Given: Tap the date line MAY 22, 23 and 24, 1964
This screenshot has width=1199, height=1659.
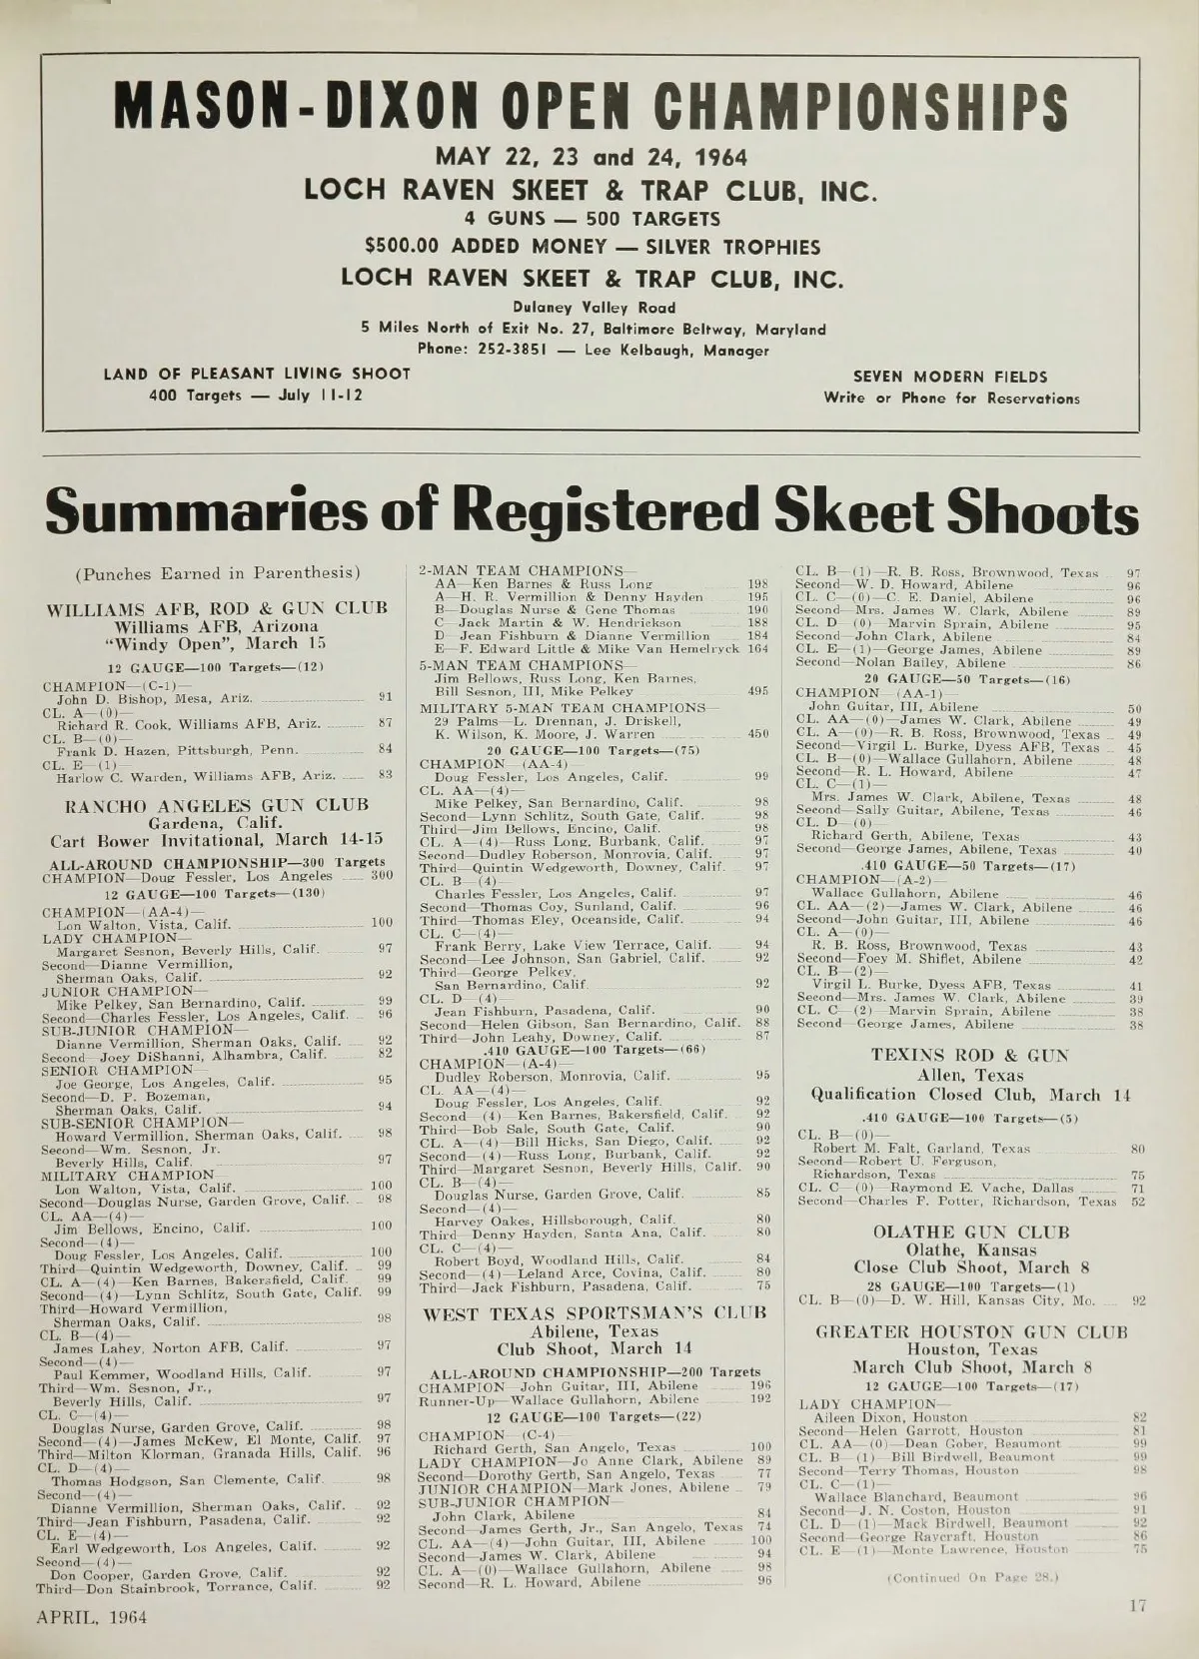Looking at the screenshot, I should (x=591, y=158).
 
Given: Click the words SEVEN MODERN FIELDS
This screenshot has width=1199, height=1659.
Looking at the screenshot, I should (x=950, y=377).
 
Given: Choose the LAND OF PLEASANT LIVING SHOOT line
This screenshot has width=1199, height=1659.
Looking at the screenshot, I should (x=258, y=374).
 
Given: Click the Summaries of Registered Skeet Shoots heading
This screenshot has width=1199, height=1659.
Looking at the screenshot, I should (x=592, y=511).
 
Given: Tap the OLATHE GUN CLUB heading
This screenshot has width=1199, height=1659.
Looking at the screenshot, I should (x=971, y=1232).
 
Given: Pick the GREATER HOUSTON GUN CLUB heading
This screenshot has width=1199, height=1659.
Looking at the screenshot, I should (x=971, y=1331).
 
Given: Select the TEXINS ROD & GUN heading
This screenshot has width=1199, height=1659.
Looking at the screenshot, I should (x=969, y=1055).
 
